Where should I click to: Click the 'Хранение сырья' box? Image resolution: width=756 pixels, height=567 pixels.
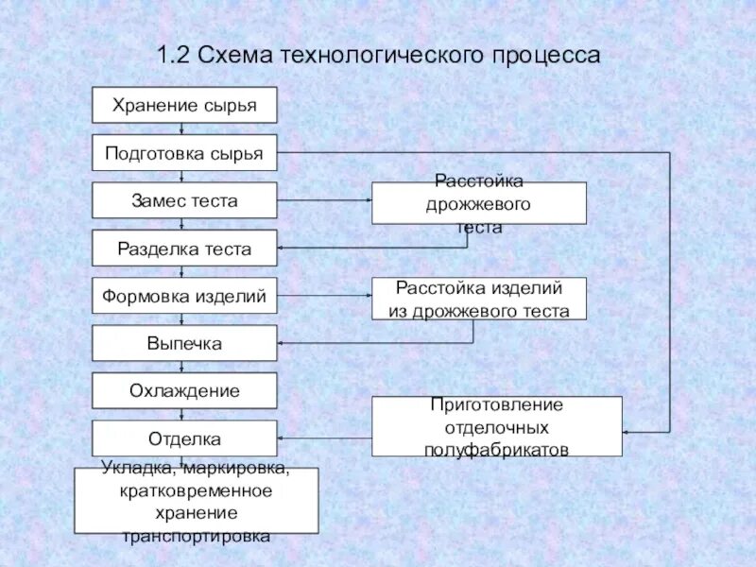tap(184, 105)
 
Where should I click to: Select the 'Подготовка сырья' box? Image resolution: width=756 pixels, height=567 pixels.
tap(184, 153)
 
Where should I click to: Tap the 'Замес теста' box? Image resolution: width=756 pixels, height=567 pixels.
tap(184, 200)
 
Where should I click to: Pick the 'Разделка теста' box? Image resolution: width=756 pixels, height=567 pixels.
tap(184, 249)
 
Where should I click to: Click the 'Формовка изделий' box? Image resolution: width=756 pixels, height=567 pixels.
tap(184, 296)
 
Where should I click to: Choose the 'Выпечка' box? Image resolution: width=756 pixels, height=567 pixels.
tap(184, 343)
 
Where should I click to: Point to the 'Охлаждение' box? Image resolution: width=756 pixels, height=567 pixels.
tap(184, 390)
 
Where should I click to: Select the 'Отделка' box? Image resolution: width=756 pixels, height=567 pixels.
tap(184, 438)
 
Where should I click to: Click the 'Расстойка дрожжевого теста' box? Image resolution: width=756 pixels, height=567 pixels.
tap(478, 203)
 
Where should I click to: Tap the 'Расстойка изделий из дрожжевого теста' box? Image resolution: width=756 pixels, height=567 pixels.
tap(478, 298)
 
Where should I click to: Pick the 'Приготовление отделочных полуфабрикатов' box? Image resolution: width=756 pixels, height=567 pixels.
tap(496, 426)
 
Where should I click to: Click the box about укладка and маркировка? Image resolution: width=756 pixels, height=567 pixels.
tap(197, 501)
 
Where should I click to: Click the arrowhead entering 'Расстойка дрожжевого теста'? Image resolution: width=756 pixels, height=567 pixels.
tap(367, 200)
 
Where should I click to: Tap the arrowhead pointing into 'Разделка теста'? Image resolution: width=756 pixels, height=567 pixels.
tap(283, 249)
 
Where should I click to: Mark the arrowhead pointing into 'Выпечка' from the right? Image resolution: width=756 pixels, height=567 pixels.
tap(283, 343)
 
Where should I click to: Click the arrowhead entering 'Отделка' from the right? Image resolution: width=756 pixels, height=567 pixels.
tap(283, 438)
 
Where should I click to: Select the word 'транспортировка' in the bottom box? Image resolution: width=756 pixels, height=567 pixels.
tap(197, 537)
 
